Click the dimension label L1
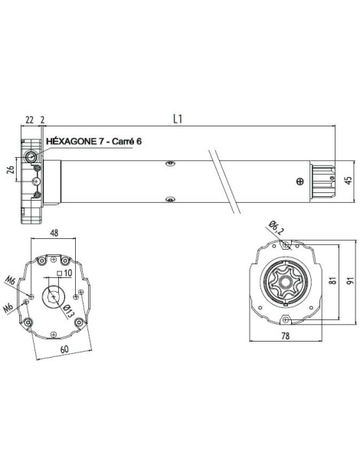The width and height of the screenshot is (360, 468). click(x=177, y=120)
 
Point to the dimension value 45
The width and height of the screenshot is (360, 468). click(x=349, y=181)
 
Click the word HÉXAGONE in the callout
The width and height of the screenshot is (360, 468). click(x=73, y=142)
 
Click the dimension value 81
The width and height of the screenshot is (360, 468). click(x=332, y=281)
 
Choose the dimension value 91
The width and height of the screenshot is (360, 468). click(x=349, y=281)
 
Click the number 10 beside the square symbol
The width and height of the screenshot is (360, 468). click(x=67, y=272)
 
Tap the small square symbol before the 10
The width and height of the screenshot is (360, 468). click(x=59, y=273)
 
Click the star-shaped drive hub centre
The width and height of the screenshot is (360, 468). click(x=284, y=281)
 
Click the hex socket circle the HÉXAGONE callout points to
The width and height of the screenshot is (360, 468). click(x=31, y=157)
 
